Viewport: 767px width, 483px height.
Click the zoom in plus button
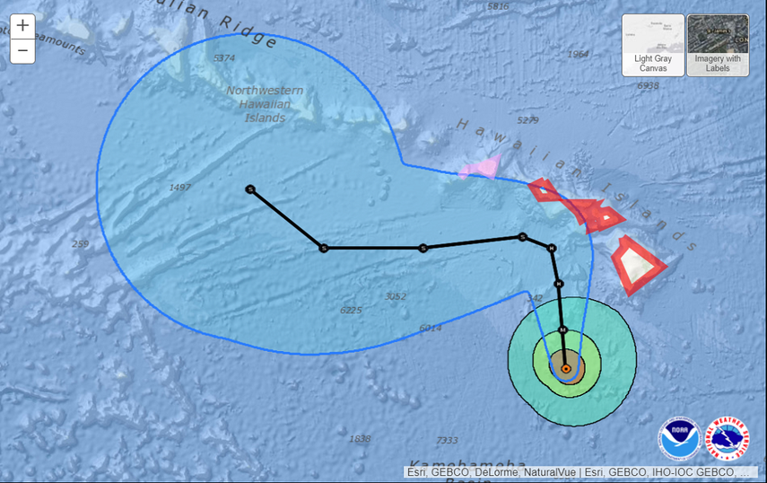pyautogui.click(x=22, y=26)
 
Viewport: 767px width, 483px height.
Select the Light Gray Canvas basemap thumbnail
pyautogui.click(x=653, y=45)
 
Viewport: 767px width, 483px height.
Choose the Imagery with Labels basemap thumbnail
pyautogui.click(x=718, y=45)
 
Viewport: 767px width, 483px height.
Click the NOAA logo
pyautogui.click(x=678, y=439)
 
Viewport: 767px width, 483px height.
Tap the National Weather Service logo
pyautogui.click(x=728, y=439)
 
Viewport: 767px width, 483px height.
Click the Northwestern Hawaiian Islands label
pyautogui.click(x=265, y=104)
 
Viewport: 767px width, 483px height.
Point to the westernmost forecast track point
pyautogui.click(x=250, y=189)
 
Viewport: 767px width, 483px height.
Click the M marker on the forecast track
pyautogui.click(x=562, y=330)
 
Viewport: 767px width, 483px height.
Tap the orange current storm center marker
pyautogui.click(x=566, y=368)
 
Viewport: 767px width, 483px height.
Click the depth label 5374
pyautogui.click(x=224, y=58)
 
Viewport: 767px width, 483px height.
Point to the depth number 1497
pyautogui.click(x=180, y=188)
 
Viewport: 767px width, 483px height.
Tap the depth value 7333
pyautogui.click(x=447, y=440)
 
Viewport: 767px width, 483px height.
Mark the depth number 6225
pyautogui.click(x=351, y=310)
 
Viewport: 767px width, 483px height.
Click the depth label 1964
pyautogui.click(x=579, y=54)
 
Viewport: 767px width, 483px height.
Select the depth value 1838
pyautogui.click(x=360, y=438)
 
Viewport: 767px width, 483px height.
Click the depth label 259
pyautogui.click(x=81, y=244)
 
